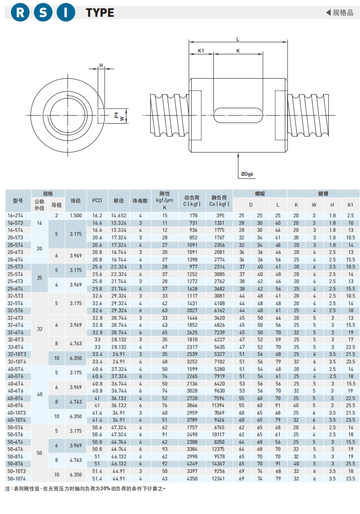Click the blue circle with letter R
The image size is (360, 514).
coord(20,13)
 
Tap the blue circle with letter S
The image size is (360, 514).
coord(43,13)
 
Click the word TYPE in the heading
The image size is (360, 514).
coord(100,13)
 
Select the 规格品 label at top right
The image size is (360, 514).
coord(342,12)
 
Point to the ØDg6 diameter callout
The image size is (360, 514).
coord(247,174)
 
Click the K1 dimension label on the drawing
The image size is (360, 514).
coord(201,50)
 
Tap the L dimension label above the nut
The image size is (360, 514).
coord(238,39)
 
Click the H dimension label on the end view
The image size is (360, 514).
coord(101,65)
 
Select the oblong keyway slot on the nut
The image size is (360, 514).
coord(238,114)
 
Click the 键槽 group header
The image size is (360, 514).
coord(323,193)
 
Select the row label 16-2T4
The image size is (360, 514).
coord(16,215)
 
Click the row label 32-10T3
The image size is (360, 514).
coord(17,354)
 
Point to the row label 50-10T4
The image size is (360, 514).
coord(17,478)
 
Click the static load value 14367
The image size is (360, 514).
coord(218,464)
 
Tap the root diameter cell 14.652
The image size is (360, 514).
coord(119,215)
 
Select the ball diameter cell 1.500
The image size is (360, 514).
coord(76,215)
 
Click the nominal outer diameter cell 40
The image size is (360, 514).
coord(40,394)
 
